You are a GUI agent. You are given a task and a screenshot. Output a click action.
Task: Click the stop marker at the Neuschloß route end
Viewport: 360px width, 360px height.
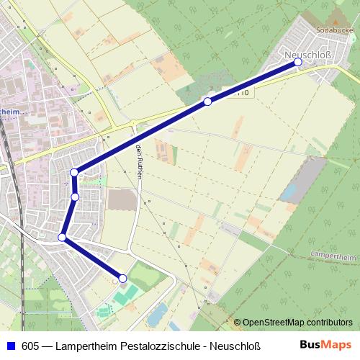point(298,63)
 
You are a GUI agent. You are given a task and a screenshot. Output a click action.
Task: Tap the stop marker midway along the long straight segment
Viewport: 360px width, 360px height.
point(207,102)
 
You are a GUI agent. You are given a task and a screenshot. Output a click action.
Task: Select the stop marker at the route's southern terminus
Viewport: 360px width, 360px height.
point(122,278)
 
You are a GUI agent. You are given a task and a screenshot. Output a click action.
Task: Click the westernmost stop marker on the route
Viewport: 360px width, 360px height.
point(63,237)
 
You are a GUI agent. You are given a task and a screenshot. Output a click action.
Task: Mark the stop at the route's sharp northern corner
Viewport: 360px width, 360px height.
point(74,172)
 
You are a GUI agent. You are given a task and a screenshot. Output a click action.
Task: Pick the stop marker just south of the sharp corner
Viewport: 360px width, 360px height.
point(75,197)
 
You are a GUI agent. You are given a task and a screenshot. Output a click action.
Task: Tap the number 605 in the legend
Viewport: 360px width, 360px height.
point(30,346)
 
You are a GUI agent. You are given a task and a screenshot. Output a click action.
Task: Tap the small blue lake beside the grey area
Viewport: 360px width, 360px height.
point(289,192)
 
